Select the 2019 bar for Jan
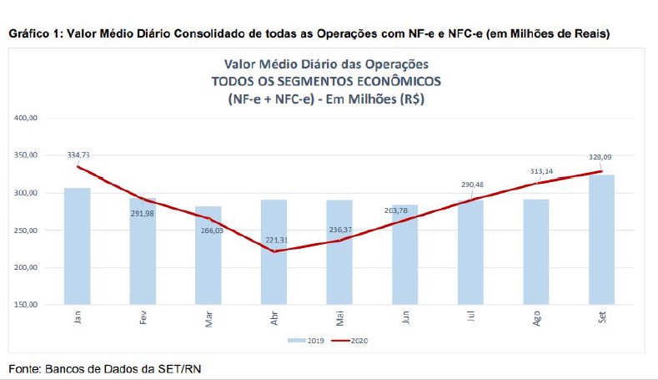coord(78,246)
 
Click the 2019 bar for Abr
coord(274,252)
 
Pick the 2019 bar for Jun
coord(404,255)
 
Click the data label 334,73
coord(78,155)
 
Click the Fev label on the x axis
coord(143,318)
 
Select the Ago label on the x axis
coord(535,318)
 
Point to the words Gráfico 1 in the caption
coord(31,33)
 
